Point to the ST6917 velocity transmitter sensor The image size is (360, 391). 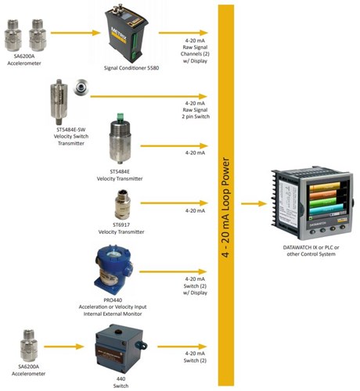tap(120, 206)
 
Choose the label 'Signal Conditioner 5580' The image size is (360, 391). tap(131, 68)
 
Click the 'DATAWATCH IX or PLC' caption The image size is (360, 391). tap(310, 246)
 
